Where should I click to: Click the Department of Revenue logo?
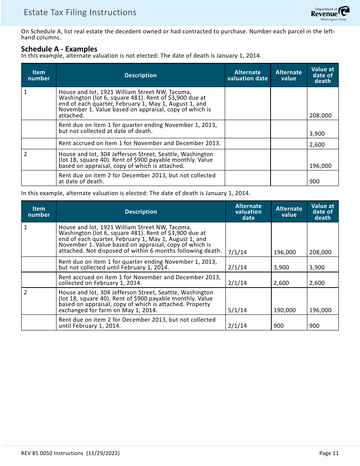tap(330, 14)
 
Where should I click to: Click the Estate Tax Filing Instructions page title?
tap(80, 13)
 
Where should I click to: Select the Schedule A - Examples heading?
tap(59, 49)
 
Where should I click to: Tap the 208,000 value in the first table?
tap(320, 116)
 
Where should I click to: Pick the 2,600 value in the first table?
tap(317, 144)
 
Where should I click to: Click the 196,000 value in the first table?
tap(320, 166)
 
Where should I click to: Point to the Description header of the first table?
tap(141, 75)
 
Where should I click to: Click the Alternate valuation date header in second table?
tap(248, 212)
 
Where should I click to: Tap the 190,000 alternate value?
tap(285, 310)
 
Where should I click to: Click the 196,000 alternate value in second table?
tap(285, 252)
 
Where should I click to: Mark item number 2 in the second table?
tap(25, 292)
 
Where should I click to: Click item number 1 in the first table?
tap(25, 92)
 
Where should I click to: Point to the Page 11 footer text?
tap(329, 453)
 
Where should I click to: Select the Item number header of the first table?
tap(39, 75)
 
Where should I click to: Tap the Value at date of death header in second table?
tap(322, 212)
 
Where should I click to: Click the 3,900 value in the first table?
tap(317, 134)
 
